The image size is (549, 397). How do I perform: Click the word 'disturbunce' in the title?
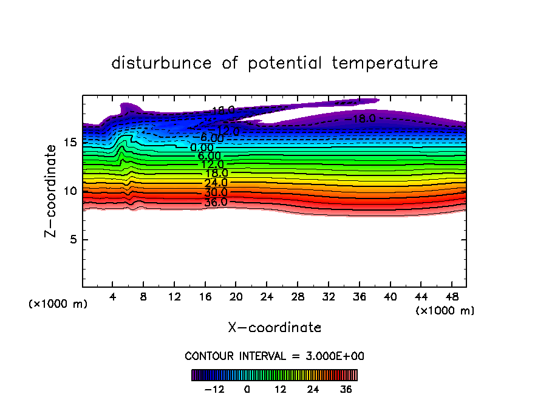click(x=162, y=63)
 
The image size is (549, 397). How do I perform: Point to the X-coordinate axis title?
click(x=274, y=328)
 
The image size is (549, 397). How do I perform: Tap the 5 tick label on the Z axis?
click(x=73, y=239)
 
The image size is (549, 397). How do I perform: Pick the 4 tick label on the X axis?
click(x=113, y=297)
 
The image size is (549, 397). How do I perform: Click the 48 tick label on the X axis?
click(x=451, y=297)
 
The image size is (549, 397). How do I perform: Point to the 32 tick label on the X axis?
click(x=328, y=297)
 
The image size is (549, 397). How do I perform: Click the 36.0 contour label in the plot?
click(x=216, y=202)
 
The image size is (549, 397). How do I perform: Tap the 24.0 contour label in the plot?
click(x=216, y=183)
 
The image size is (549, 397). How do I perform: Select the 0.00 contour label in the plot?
click(x=202, y=148)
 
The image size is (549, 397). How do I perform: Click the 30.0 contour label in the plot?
click(x=216, y=192)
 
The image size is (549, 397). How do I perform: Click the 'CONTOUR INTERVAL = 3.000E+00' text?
click(x=274, y=356)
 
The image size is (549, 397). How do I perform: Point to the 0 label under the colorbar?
click(x=247, y=389)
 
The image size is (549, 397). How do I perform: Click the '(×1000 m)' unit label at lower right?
click(x=445, y=311)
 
